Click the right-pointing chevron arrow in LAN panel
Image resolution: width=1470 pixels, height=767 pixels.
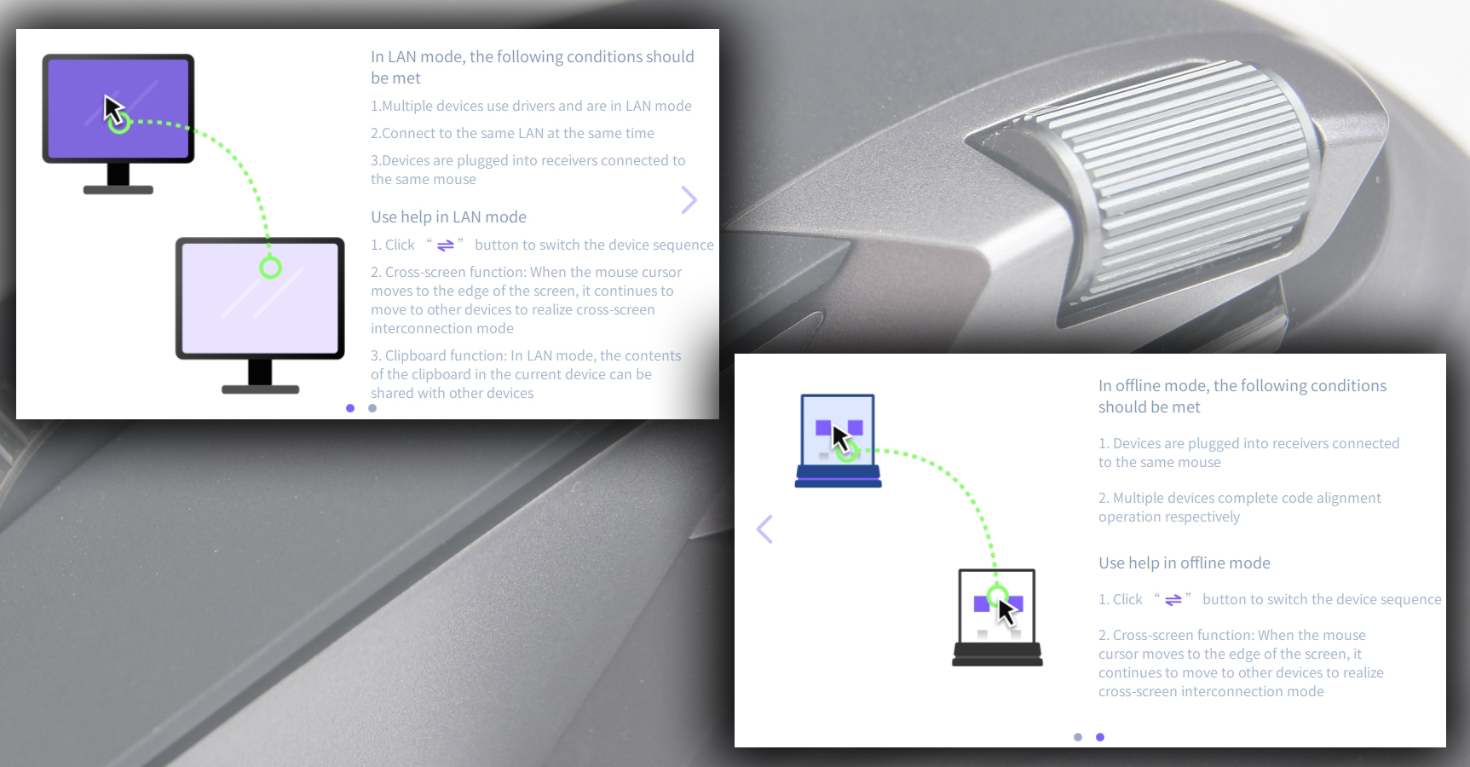pyautogui.click(x=689, y=200)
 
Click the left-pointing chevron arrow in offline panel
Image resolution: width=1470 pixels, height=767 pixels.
pyautogui.click(x=764, y=529)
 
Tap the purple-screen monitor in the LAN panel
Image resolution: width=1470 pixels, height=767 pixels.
pyautogui.click(x=118, y=124)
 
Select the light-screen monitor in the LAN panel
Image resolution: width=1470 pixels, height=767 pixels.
pyautogui.click(x=260, y=314)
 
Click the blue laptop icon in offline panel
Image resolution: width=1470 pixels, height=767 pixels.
pyautogui.click(x=838, y=441)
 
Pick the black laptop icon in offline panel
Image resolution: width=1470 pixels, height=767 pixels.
pyautogui.click(x=997, y=617)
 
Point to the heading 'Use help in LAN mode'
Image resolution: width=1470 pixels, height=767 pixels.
pyautogui.click(x=448, y=217)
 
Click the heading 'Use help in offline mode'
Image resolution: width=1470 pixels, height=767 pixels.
pyautogui.click(x=1184, y=563)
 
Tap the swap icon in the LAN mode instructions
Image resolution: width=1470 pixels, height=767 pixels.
pyautogui.click(x=446, y=245)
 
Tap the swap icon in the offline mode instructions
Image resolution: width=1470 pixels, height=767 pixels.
pyautogui.click(x=1173, y=600)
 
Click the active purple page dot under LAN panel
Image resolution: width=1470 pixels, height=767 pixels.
pyautogui.click(x=350, y=408)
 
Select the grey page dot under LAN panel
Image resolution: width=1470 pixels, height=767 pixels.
pyautogui.click(x=372, y=408)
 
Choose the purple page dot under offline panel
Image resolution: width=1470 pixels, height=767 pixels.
pyautogui.click(x=1100, y=737)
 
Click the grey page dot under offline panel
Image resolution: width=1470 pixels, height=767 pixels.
pyautogui.click(x=1078, y=737)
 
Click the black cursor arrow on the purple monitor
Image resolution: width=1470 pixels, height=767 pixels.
pyautogui.click(x=113, y=110)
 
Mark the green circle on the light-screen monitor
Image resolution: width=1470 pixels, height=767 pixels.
pyautogui.click(x=270, y=268)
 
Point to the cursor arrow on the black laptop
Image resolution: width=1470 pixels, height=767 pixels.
pyautogui.click(x=1006, y=612)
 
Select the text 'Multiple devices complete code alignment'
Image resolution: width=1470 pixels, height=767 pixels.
pyautogui.click(x=1247, y=499)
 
